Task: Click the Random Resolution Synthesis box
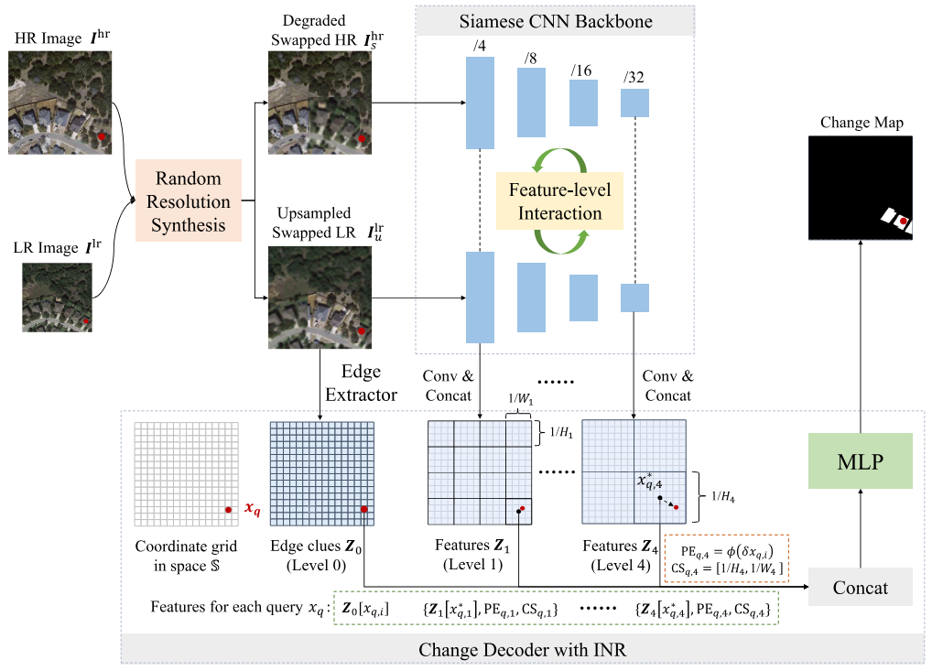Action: coord(189,200)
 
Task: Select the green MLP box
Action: coord(860,461)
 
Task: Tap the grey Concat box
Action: coord(860,587)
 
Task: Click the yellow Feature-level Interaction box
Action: coord(559,200)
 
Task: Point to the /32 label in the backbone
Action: coord(634,77)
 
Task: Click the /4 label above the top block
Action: coord(479,46)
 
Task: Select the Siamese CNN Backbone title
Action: coord(555,21)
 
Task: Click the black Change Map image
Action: coord(860,188)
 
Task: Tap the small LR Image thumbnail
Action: coord(57,298)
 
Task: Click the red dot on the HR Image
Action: coord(102,136)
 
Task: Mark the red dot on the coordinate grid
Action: coord(228,510)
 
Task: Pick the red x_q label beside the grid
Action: coord(253,509)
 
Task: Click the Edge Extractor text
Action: coord(361,383)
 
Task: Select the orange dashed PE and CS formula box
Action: coord(726,558)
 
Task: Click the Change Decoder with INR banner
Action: coord(523,649)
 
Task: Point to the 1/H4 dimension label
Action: coord(722,496)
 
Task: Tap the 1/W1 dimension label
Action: coord(520,399)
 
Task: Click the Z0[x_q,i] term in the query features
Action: coord(365,608)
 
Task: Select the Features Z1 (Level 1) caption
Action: coord(472,555)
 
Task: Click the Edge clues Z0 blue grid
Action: coord(322,473)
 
